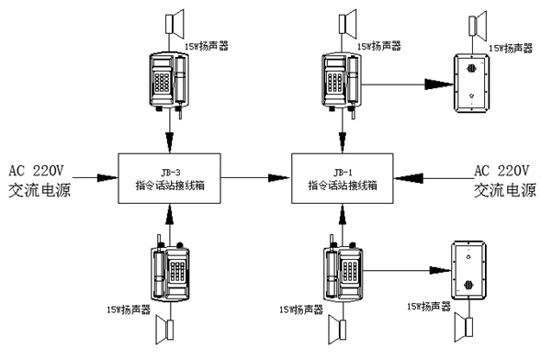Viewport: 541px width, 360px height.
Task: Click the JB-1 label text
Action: click(x=343, y=172)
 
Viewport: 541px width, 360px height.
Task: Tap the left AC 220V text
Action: click(x=36, y=170)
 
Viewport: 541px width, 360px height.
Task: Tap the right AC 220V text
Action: click(x=502, y=170)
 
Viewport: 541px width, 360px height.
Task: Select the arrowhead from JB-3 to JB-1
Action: click(x=279, y=178)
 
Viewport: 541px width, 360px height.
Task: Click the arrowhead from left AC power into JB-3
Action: click(x=107, y=178)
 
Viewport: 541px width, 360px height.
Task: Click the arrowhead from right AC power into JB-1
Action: click(x=409, y=178)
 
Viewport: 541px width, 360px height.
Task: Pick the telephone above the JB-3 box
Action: click(x=169, y=84)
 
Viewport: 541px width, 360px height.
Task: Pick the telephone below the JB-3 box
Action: click(x=171, y=272)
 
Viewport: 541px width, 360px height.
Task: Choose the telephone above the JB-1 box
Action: click(x=342, y=84)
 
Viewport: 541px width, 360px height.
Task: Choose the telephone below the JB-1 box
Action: click(x=344, y=272)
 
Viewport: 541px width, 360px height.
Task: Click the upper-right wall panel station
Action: click(x=471, y=83)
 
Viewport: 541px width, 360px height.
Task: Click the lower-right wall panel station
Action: click(x=469, y=271)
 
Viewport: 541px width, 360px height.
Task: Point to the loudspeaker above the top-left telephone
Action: click(x=175, y=24)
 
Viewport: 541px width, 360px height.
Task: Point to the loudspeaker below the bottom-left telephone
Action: click(x=165, y=330)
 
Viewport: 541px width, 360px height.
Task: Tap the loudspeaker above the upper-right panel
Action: click(x=478, y=26)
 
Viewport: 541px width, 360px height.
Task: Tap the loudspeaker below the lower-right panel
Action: click(x=464, y=327)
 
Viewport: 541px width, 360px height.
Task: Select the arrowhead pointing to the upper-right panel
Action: click(x=439, y=84)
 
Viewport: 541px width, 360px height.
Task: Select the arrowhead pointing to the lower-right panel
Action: click(x=440, y=270)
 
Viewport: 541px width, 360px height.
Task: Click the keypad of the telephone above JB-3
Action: click(x=162, y=82)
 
